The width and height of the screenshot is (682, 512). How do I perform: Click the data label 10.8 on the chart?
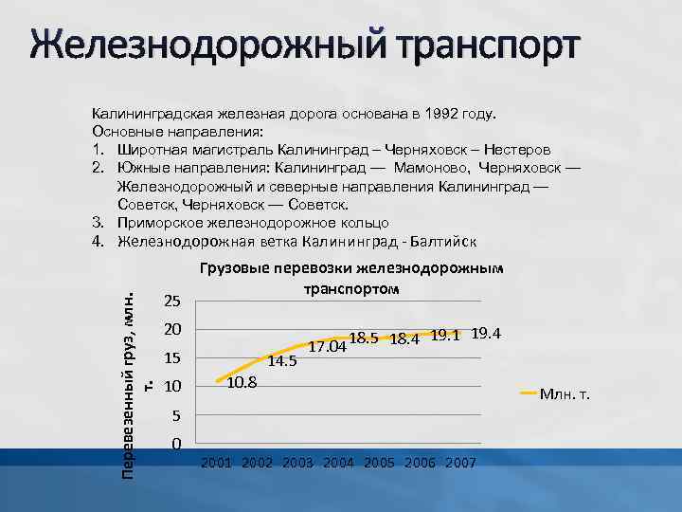(243, 382)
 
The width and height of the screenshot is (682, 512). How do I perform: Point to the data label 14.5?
(283, 360)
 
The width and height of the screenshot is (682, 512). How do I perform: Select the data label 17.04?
(329, 346)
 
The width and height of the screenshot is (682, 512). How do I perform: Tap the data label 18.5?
(365, 338)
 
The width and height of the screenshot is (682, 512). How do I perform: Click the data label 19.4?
(486, 333)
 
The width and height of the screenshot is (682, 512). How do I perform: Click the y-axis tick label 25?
(172, 302)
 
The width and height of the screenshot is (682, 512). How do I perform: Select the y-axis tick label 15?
(172, 359)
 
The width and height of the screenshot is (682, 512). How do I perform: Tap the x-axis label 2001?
(218, 463)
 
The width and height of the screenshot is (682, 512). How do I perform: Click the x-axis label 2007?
(460, 463)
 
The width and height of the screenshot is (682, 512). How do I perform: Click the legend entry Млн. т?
(564, 393)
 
